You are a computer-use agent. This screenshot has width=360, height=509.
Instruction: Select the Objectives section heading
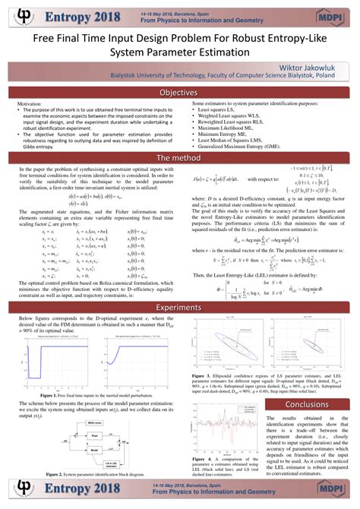click(180, 92)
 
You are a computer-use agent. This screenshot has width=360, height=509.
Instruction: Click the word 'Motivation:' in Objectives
click(30, 102)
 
